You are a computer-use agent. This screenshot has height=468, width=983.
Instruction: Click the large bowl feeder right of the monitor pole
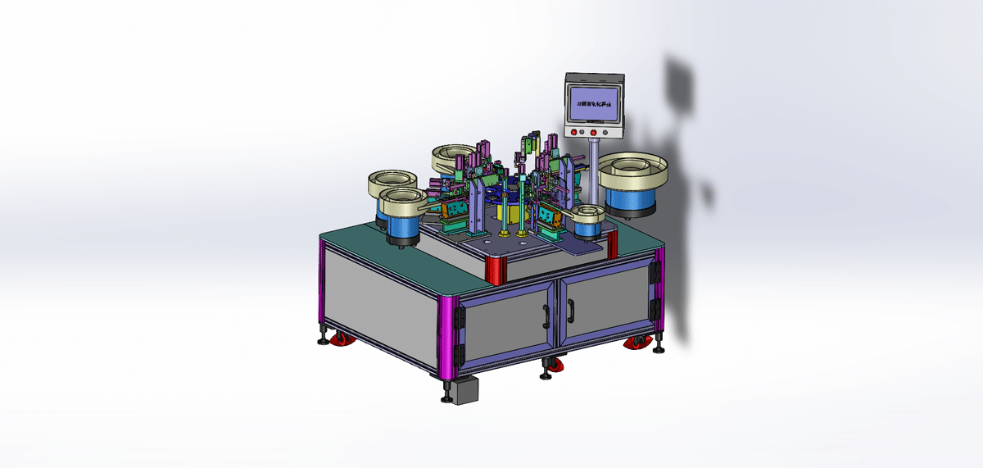[x=633, y=182]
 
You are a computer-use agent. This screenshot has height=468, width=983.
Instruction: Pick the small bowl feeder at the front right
[x=587, y=220]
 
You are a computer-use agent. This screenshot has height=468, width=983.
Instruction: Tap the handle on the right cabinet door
[x=569, y=309]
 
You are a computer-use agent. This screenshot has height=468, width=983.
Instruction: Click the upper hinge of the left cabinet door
[x=459, y=312]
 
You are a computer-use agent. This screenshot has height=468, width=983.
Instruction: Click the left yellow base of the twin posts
[x=505, y=235]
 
